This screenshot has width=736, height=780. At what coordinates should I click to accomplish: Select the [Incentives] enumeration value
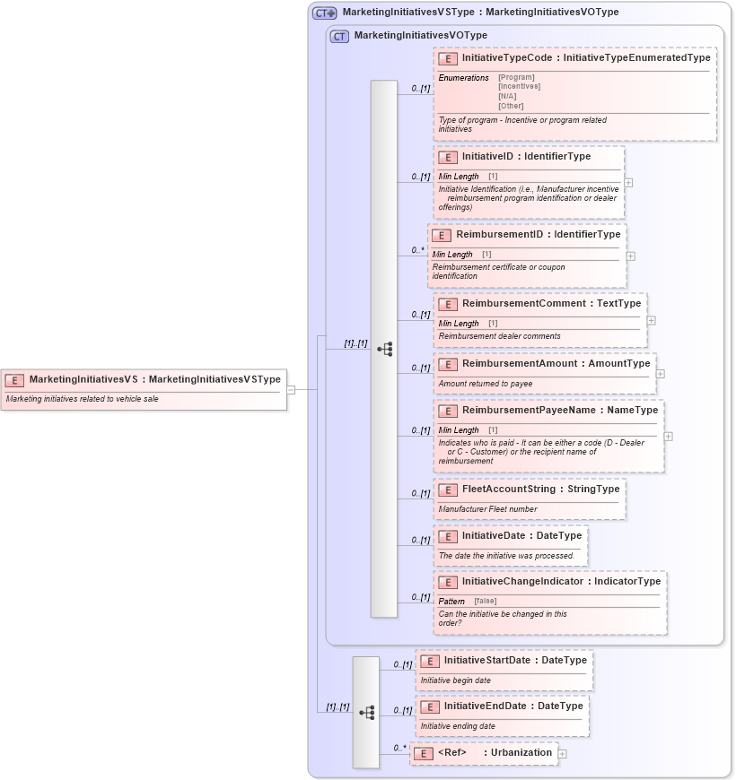pyautogui.click(x=519, y=87)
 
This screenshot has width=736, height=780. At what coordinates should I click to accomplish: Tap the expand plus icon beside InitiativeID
pyautogui.click(x=628, y=182)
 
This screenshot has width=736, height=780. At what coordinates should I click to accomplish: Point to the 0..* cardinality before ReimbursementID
pyautogui.click(x=417, y=250)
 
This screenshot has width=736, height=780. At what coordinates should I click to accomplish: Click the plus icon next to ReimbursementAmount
pyautogui.click(x=661, y=374)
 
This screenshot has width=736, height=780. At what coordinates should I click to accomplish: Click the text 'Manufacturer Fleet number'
pyautogui.click(x=487, y=509)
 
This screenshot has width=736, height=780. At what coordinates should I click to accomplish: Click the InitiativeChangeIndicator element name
pyautogui.click(x=523, y=581)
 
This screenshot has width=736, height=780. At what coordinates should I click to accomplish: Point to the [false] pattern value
pyautogui.click(x=485, y=601)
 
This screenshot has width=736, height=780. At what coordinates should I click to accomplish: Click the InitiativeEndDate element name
pyautogui.click(x=485, y=706)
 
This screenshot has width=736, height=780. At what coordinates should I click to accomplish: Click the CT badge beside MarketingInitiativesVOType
pyautogui.click(x=339, y=36)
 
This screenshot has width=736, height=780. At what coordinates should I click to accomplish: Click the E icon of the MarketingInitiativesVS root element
pyautogui.click(x=14, y=379)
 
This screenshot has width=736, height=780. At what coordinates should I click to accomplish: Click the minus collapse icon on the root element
pyautogui.click(x=291, y=389)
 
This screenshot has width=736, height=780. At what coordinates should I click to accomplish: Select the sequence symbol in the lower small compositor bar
pyautogui.click(x=366, y=713)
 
